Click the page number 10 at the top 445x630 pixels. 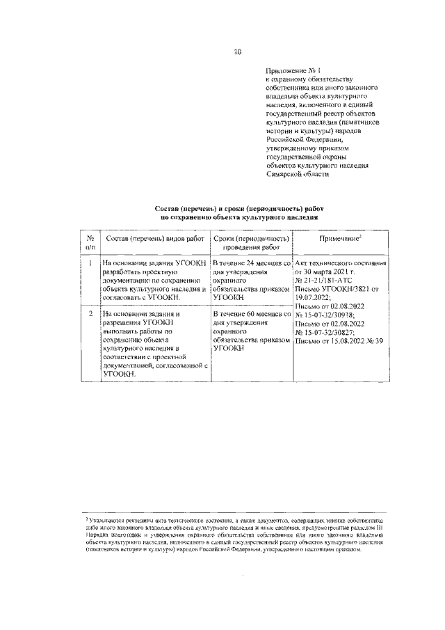(x=237, y=52)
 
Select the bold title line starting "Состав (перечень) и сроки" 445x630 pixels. (x=239, y=209)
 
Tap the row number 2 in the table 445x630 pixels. (x=90, y=314)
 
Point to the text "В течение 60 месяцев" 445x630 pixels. (x=248, y=314)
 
